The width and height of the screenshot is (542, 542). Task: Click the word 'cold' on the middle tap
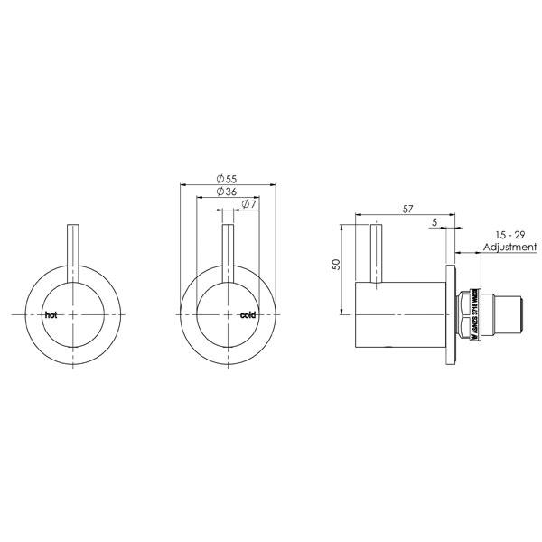click(248, 315)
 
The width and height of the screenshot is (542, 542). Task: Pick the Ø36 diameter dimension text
click(227, 192)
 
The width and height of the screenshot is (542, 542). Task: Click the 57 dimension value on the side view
click(408, 209)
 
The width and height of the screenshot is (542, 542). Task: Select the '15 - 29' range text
click(509, 233)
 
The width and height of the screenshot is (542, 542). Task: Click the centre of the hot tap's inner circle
click(71, 313)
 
